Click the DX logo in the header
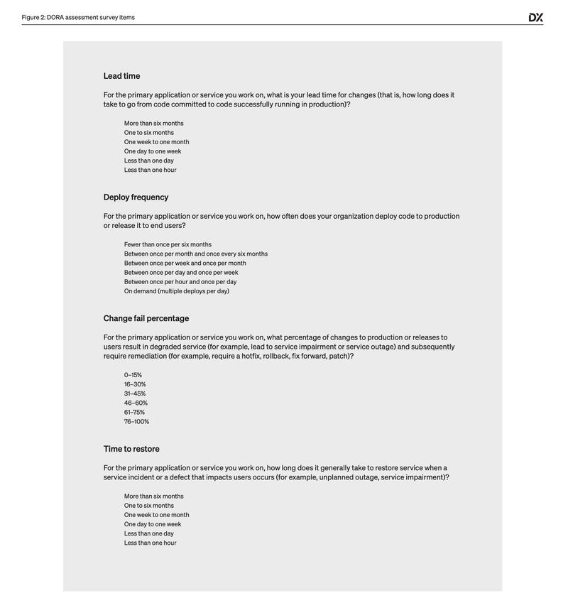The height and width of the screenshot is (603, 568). pyautogui.click(x=535, y=18)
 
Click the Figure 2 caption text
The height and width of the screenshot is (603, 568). pyautogui.click(x=78, y=17)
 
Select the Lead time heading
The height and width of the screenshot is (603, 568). pyautogui.click(x=121, y=76)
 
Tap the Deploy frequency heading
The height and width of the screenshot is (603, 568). pyautogui.click(x=136, y=197)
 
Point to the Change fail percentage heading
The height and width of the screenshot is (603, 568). pyautogui.click(x=146, y=318)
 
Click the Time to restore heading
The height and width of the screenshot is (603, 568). pyautogui.click(x=131, y=449)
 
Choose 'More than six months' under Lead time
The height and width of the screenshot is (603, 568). pyautogui.click(x=153, y=124)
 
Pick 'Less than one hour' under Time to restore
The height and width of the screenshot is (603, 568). pyautogui.click(x=150, y=543)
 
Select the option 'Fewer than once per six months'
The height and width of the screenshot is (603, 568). pyautogui.click(x=168, y=244)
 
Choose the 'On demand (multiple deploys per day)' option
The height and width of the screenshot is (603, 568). pyautogui.click(x=176, y=291)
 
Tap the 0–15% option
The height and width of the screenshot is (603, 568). pyautogui.click(x=133, y=375)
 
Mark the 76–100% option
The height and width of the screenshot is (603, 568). pyautogui.click(x=136, y=422)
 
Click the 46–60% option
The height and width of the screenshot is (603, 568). pyautogui.click(x=136, y=403)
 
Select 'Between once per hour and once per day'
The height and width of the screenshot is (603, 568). pyautogui.click(x=180, y=282)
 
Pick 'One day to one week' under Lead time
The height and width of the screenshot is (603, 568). pyautogui.click(x=153, y=151)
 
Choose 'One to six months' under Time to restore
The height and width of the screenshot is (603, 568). pyautogui.click(x=148, y=506)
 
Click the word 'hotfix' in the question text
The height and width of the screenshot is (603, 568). pyautogui.click(x=248, y=357)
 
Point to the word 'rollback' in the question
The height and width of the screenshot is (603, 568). pyautogui.click(x=275, y=357)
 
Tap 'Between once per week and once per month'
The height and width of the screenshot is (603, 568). pyautogui.click(x=185, y=264)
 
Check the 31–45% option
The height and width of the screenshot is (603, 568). pyautogui.click(x=135, y=393)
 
